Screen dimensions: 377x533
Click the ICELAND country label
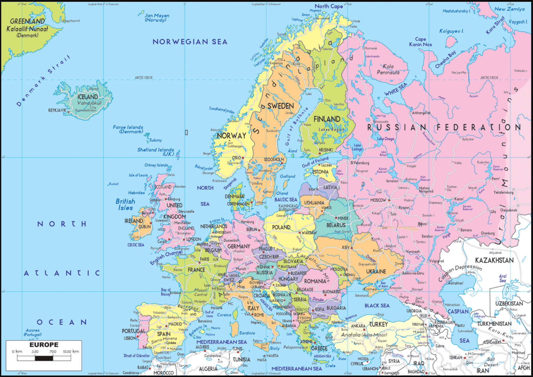(88, 97)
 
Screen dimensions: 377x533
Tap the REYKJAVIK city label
(57, 110)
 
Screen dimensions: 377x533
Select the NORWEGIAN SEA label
(190, 42)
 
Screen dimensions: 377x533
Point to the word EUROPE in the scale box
(44, 345)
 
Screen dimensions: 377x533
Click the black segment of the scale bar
(44, 358)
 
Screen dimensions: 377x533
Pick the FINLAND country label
(327, 119)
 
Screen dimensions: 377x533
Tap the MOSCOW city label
(378, 200)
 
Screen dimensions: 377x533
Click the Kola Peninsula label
(388, 69)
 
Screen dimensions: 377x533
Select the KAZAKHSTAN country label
(494, 260)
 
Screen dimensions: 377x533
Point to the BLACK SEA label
(377, 305)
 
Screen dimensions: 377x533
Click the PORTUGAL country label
(133, 331)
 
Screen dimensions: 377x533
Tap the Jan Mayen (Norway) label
(156, 18)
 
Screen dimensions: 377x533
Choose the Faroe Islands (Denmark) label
(128, 129)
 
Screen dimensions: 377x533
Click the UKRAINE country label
(376, 272)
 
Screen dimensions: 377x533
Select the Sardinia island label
(247, 333)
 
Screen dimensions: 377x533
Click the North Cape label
(329, 6)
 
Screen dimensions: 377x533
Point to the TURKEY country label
(378, 324)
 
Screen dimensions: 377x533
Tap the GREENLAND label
(27, 21)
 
